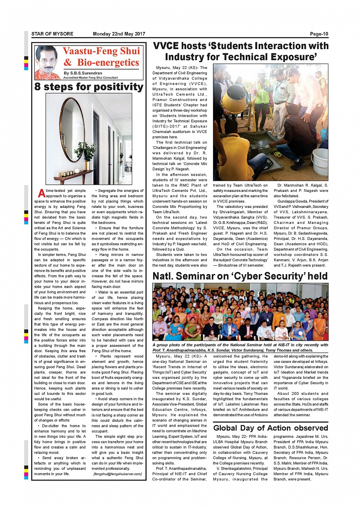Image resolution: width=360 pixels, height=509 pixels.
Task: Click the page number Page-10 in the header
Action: pos(319,34)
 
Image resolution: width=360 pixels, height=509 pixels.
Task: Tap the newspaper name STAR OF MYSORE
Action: pos(52,34)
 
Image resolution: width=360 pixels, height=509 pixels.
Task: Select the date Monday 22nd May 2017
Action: pos(119,34)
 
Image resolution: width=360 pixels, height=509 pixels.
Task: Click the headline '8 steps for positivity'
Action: pos(89,87)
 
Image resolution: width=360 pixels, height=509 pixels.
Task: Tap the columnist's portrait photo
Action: pos(47,62)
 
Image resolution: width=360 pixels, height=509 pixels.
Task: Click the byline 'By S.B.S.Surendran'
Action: pos(83,73)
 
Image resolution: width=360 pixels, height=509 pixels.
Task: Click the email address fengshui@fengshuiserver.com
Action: pos(118,474)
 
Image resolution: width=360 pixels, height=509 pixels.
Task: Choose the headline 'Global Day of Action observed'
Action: pos(270,428)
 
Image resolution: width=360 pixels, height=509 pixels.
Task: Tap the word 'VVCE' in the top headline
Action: pos(166,46)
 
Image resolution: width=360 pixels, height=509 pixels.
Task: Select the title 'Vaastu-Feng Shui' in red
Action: pos(101,51)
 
